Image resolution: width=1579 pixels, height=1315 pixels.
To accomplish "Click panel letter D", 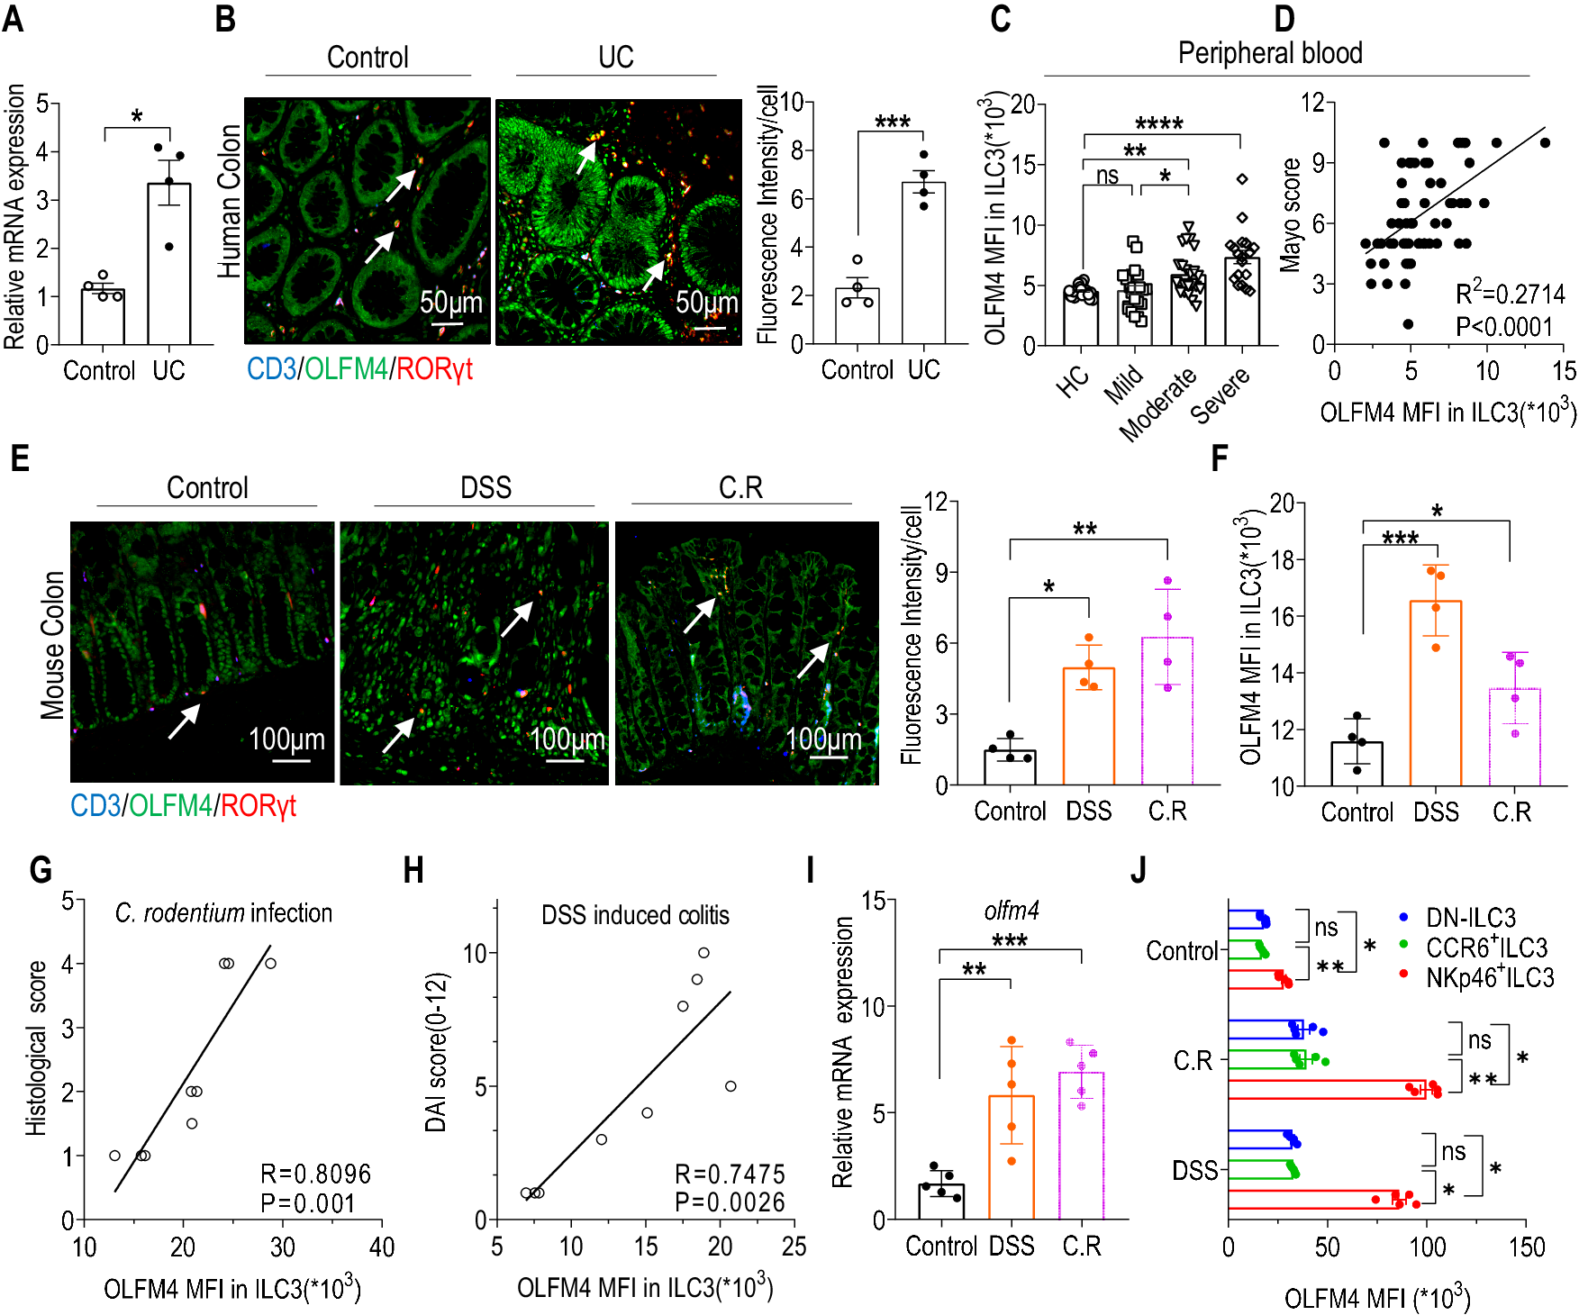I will (x=1284, y=19).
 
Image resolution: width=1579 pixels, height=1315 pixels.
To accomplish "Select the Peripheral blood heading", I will (x=1269, y=53).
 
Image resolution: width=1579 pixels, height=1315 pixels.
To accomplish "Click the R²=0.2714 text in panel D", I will (x=1510, y=294).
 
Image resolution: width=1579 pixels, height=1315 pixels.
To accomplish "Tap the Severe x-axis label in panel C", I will (x=1221, y=395).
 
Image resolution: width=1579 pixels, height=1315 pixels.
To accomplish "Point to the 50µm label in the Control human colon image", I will (x=450, y=302).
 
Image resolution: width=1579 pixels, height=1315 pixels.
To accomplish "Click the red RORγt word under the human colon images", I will (x=434, y=369).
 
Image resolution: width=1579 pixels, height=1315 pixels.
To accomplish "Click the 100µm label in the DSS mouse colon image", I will (x=567, y=739).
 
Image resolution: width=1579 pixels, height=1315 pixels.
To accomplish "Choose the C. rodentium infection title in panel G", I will (x=223, y=912).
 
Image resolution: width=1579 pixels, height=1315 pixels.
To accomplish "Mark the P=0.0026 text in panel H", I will (x=730, y=1202).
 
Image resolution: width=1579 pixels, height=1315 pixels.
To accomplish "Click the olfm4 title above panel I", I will (x=1012, y=911).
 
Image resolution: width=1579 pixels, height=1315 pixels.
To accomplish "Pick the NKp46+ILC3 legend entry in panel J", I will (x=1489, y=977).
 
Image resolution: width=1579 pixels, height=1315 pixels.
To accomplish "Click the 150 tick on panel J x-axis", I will (x=1526, y=1247).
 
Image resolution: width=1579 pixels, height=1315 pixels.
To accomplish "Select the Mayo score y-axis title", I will (x=1291, y=215).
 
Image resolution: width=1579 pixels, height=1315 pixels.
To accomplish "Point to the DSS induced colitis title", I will (x=635, y=915).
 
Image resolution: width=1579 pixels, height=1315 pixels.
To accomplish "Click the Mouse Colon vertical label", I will (x=52, y=645).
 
